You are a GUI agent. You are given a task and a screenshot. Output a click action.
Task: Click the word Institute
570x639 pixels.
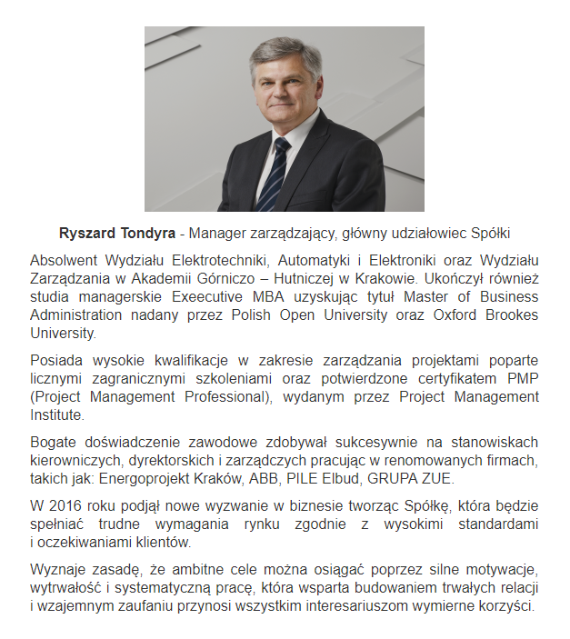(x=57, y=415)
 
